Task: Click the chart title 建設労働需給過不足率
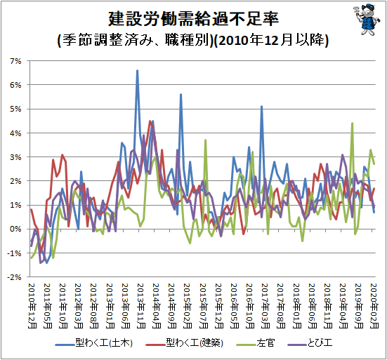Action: pos(194,19)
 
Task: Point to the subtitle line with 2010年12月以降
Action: pos(193,40)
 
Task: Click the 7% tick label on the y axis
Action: pos(15,61)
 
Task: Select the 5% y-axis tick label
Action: pos(15,109)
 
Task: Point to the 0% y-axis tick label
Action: pos(15,229)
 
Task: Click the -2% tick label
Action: pos(14,277)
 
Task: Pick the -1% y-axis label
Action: pos(14,253)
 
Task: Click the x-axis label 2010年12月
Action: pos(32,306)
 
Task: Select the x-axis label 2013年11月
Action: pos(140,306)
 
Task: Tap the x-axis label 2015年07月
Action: pos(203,306)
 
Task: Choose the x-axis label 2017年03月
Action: pos(265,306)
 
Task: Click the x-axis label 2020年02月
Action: pos(374,306)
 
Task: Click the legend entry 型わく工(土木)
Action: pos(94,343)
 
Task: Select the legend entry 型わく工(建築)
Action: pos(185,343)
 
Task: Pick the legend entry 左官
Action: pos(256,343)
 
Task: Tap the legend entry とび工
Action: pos(310,343)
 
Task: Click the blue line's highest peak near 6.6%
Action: pos(138,71)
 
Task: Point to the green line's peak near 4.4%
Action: pos(352,124)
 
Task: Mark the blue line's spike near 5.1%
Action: pos(261,107)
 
